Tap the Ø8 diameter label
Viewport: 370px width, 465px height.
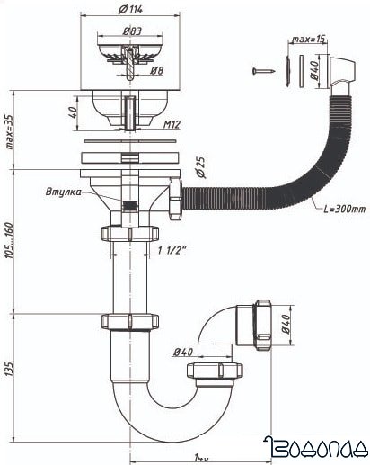pos(158,70)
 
